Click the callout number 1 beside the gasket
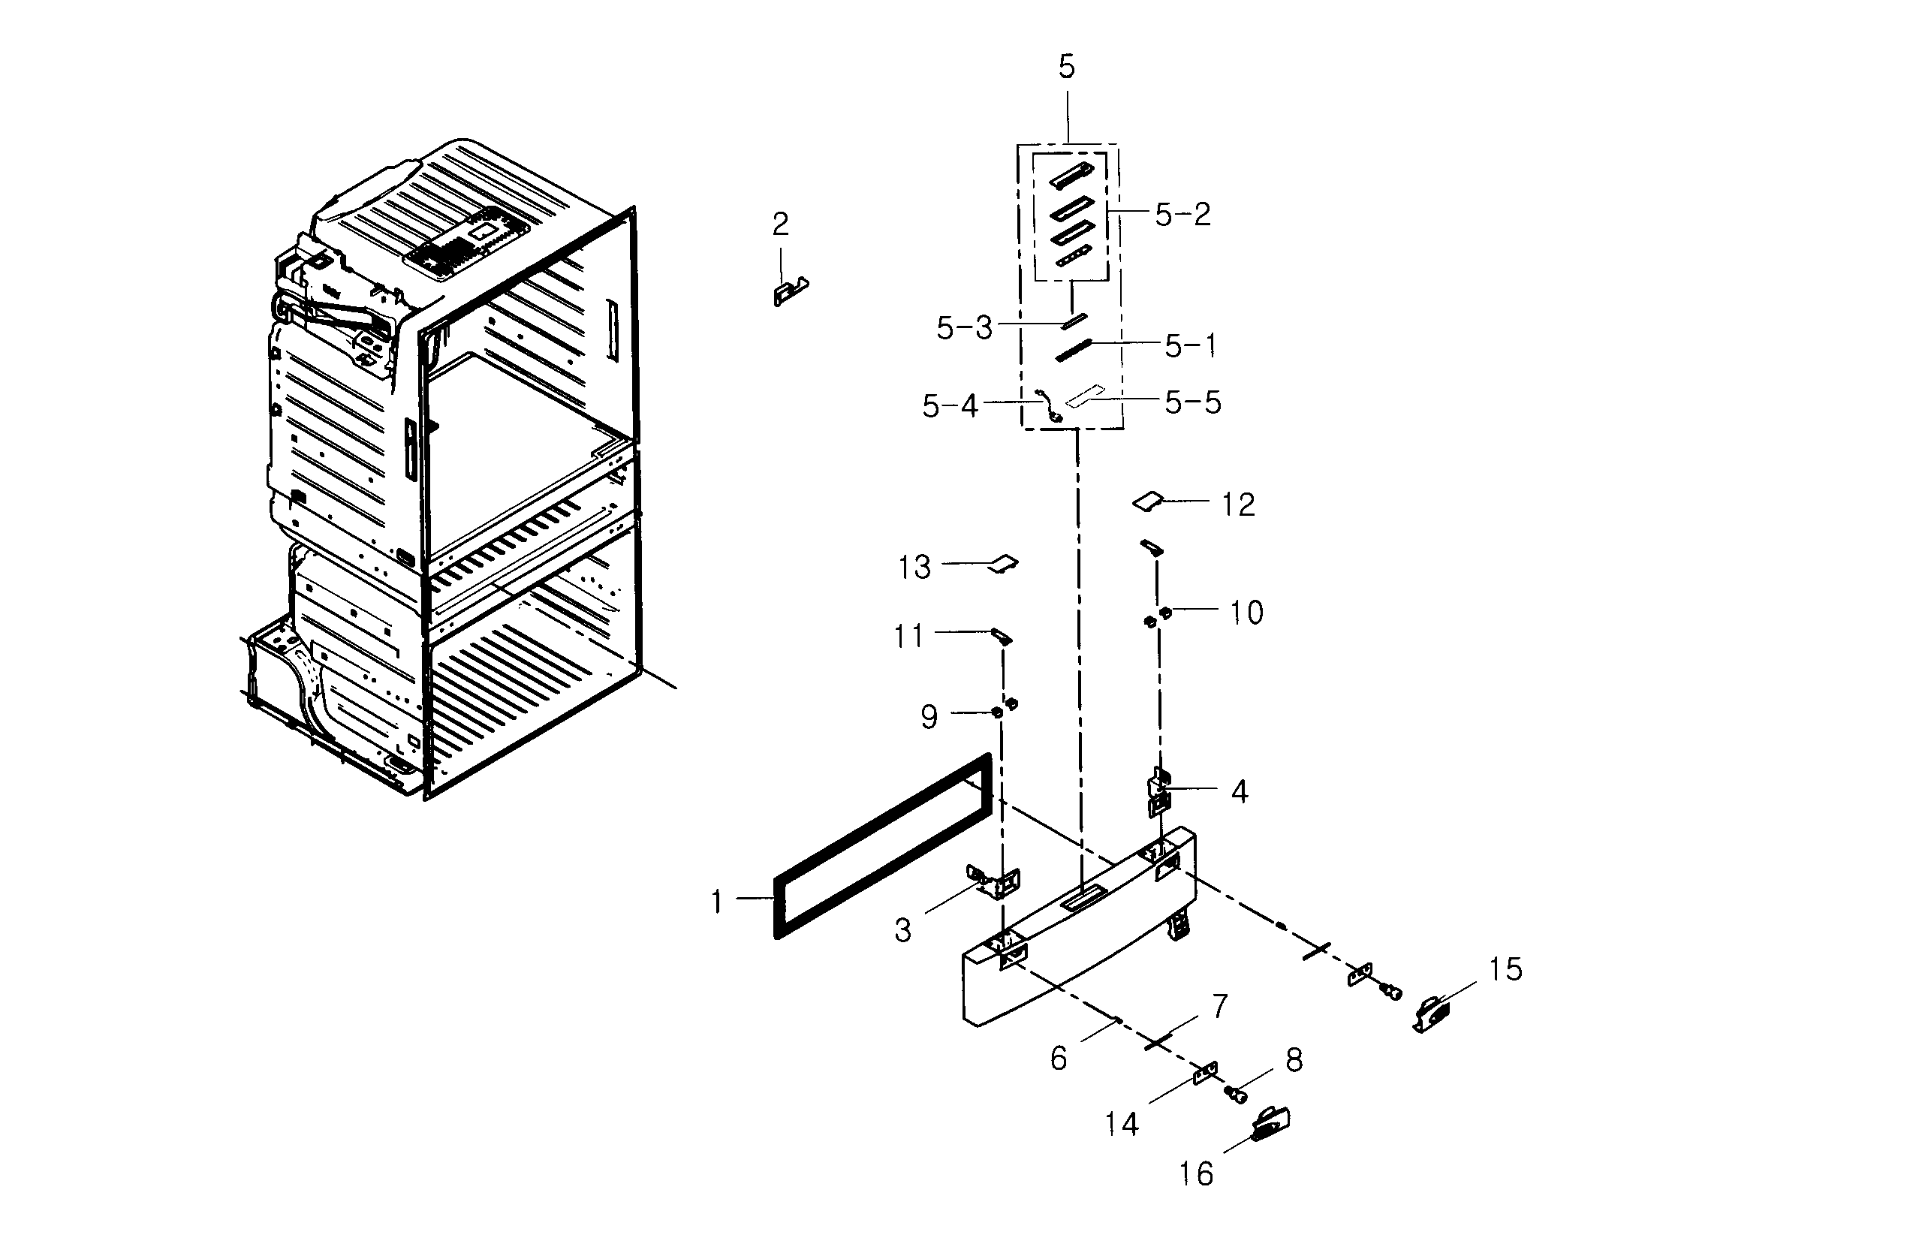(716, 902)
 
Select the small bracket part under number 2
(789, 291)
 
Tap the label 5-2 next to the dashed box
(1182, 215)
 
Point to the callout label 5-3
(963, 328)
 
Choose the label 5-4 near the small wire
(950, 406)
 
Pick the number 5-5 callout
(1192, 402)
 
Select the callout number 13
(914, 568)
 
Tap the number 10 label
(1246, 613)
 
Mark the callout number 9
(929, 717)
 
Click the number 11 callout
(908, 637)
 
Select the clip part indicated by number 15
(1431, 1014)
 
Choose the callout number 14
(1121, 1124)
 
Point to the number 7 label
(1220, 1006)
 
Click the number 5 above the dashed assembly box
(1066, 67)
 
